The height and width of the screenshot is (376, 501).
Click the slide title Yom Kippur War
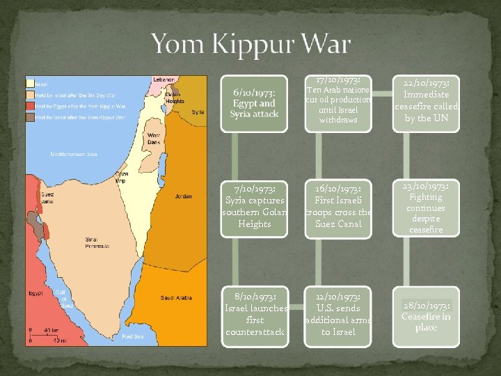click(250, 45)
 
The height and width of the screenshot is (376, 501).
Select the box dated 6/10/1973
click(255, 103)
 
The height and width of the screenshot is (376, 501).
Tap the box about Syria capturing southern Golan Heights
click(255, 205)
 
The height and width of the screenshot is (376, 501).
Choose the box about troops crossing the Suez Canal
click(339, 205)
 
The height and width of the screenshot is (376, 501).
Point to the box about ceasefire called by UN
click(426, 104)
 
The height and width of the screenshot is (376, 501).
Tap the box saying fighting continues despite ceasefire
click(426, 207)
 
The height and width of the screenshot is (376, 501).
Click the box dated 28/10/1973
click(426, 315)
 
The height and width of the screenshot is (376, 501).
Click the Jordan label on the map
click(184, 196)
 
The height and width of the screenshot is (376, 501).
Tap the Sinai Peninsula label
click(97, 242)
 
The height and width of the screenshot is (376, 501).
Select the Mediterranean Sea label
click(73, 153)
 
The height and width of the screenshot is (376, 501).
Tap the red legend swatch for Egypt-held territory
click(31, 107)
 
